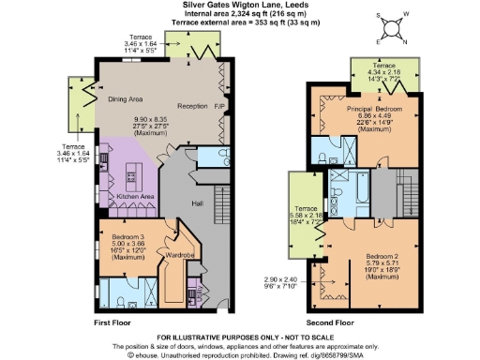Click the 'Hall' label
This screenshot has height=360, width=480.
[198, 202]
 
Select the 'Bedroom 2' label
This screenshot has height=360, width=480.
[384, 256]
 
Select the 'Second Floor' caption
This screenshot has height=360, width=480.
[330, 322]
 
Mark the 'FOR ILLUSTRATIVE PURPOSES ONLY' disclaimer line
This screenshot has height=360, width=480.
[240, 336]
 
